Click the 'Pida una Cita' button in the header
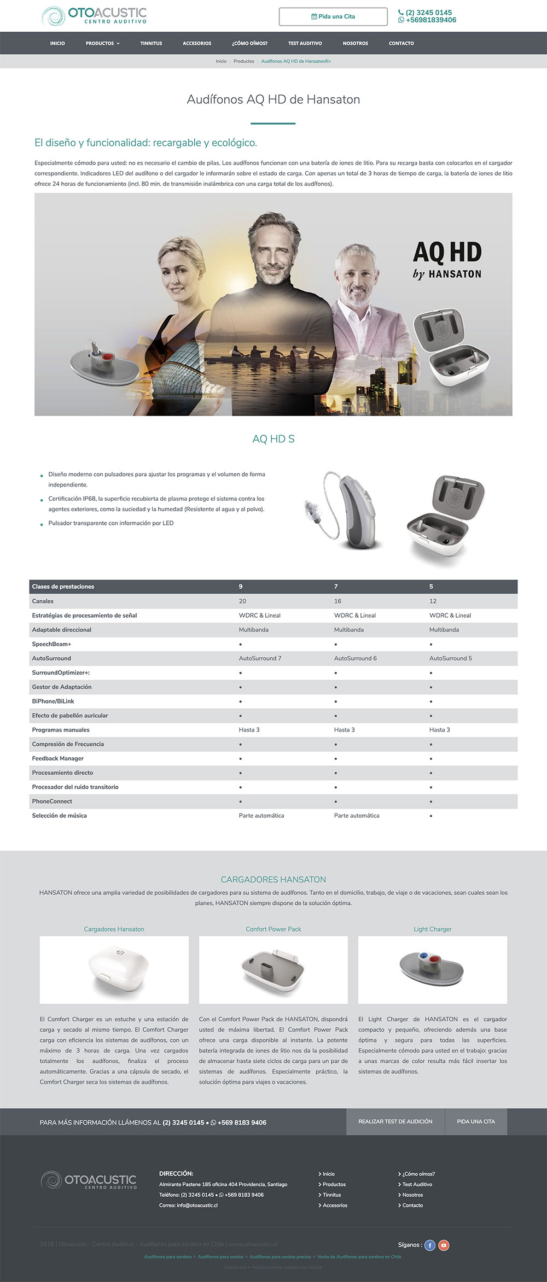333,16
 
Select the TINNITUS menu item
151,43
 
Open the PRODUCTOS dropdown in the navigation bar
102,43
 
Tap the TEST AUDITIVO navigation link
305,43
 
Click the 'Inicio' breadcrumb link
221,61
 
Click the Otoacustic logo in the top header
95,16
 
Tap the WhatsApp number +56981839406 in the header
430,20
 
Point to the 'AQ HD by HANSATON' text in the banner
447,260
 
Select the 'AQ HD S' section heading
273,439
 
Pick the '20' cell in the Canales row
242,601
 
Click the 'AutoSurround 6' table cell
355,658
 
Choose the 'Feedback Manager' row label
58,758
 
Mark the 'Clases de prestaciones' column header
63,587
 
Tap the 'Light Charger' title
433,929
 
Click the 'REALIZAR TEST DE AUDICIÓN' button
395,1121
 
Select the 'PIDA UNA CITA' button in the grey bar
476,1121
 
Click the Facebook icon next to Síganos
430,1245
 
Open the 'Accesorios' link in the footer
335,1205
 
